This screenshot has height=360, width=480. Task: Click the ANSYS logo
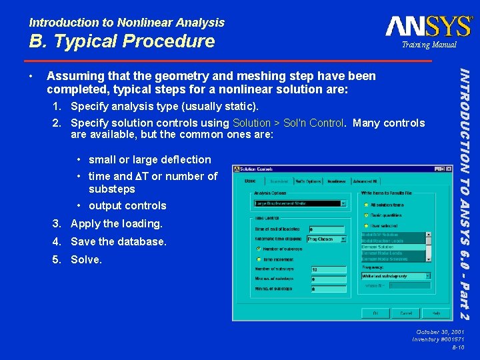pyautogui.click(x=428, y=26)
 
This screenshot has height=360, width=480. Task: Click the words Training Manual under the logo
pyautogui.click(x=429, y=45)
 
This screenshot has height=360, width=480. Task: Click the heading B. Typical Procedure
pyautogui.click(x=121, y=41)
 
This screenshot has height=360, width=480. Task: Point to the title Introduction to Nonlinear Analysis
pyautogui.click(x=127, y=22)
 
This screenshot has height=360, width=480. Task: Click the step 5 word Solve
pyautogui.click(x=86, y=259)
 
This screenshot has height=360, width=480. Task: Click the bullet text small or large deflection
pyautogui.click(x=149, y=159)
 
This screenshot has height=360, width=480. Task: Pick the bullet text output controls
pyautogui.click(x=127, y=205)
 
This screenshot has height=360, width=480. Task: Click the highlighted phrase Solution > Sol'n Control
pyautogui.click(x=288, y=123)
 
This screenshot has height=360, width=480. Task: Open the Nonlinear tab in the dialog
pyautogui.click(x=337, y=181)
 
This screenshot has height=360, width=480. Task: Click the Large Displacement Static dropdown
pyautogui.click(x=299, y=203)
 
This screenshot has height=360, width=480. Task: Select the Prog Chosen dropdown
pyautogui.click(x=326, y=239)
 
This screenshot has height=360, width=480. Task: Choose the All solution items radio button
pyautogui.click(x=366, y=204)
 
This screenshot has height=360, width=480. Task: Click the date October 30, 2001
pyautogui.click(x=440, y=331)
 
